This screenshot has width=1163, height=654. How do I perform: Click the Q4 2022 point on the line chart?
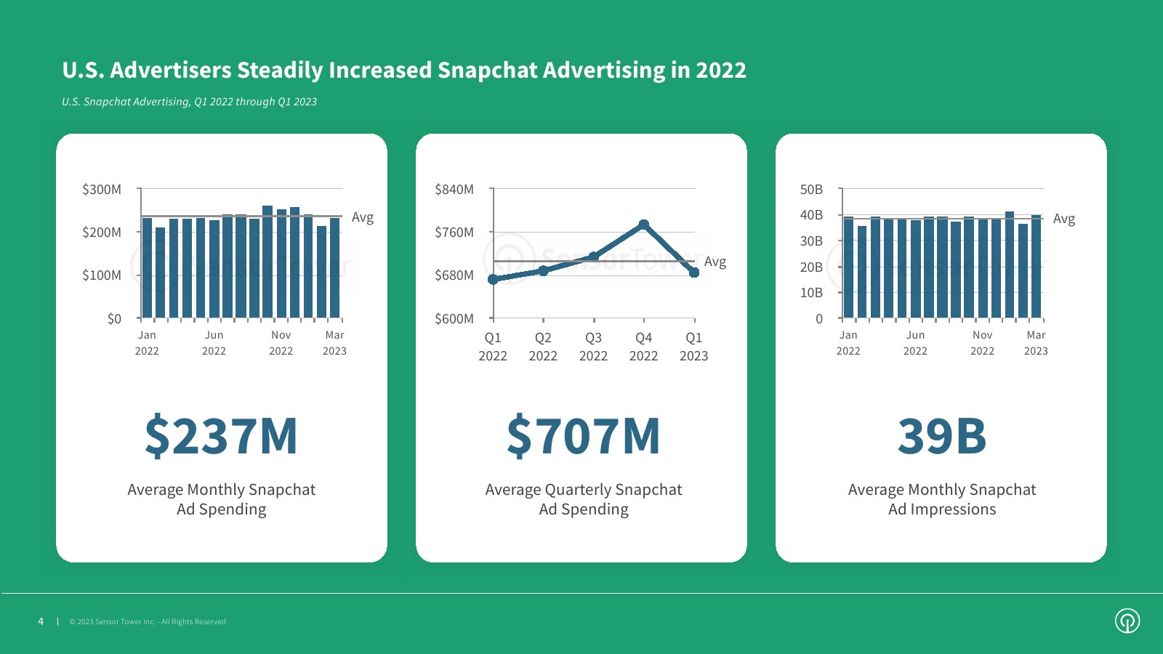(x=643, y=225)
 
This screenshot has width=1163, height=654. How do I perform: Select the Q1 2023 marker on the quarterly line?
(x=694, y=272)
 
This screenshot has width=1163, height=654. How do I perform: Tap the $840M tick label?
(x=454, y=190)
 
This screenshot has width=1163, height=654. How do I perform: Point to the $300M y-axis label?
(x=102, y=190)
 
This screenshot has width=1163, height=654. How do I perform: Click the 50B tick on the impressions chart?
(x=811, y=190)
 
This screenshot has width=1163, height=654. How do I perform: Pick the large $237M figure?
(x=221, y=436)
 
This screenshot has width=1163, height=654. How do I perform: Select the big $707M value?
(x=583, y=436)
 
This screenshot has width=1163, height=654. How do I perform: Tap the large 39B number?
(x=942, y=436)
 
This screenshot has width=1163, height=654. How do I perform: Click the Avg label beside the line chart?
(x=715, y=262)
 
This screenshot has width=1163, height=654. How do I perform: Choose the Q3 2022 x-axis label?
(x=593, y=347)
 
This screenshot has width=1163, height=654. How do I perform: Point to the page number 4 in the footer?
(x=41, y=621)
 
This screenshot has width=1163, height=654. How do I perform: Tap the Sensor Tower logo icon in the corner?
(x=1127, y=621)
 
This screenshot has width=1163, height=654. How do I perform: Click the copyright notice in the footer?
(x=148, y=622)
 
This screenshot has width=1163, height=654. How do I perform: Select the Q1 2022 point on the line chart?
(x=493, y=279)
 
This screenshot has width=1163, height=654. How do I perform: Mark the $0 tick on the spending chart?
(x=114, y=319)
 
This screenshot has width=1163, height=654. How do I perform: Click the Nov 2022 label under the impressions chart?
(x=982, y=343)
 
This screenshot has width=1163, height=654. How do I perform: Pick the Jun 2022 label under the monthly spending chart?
(x=214, y=343)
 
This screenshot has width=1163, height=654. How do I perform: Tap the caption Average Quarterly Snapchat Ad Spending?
(x=584, y=499)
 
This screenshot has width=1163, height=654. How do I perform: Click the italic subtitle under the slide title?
(x=189, y=102)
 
